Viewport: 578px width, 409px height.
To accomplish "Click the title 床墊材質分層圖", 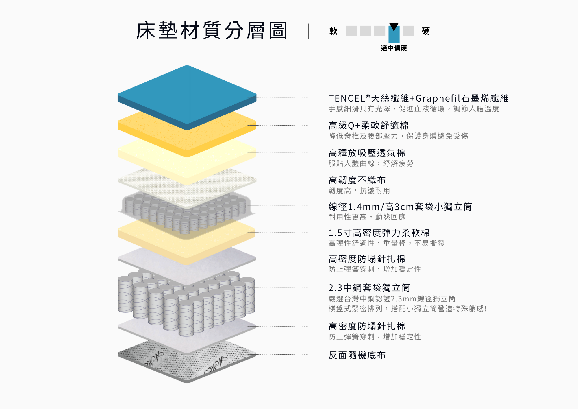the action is tap(212, 30).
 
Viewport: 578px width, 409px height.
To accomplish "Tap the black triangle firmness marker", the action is tap(394, 27).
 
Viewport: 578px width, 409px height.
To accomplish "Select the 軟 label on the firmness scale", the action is tap(334, 31).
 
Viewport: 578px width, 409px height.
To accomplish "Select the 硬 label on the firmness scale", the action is tap(426, 31).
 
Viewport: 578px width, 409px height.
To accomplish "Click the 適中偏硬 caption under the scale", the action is tap(394, 48).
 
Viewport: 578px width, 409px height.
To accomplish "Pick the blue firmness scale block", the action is tap(394, 34).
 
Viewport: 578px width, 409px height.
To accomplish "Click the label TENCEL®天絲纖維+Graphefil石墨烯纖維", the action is tap(418, 98).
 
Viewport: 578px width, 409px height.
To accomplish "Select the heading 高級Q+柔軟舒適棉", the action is tap(368, 126).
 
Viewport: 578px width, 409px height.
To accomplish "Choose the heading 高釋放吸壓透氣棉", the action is tap(367, 153).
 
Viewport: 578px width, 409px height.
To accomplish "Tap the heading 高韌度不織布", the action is tap(357, 180).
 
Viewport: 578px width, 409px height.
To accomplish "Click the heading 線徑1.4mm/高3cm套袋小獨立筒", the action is tap(400, 207).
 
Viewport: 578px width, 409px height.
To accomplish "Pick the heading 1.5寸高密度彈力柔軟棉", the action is tap(379, 233).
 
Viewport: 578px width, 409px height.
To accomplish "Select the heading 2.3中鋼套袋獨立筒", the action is tap(369, 288).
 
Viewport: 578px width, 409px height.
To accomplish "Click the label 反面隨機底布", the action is tap(357, 355).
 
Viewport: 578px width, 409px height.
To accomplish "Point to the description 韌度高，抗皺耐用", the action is tap(359, 191).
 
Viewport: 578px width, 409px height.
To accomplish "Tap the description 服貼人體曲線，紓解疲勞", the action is tap(371, 163).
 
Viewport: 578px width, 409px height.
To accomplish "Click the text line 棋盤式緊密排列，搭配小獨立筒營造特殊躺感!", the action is tap(408, 309).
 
